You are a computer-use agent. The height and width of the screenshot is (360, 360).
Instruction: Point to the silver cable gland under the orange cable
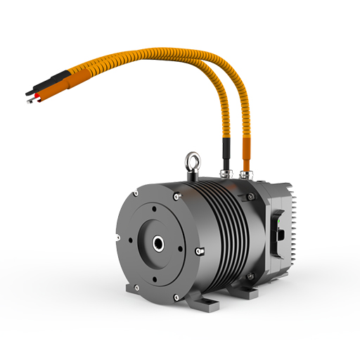click(x=245, y=172)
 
